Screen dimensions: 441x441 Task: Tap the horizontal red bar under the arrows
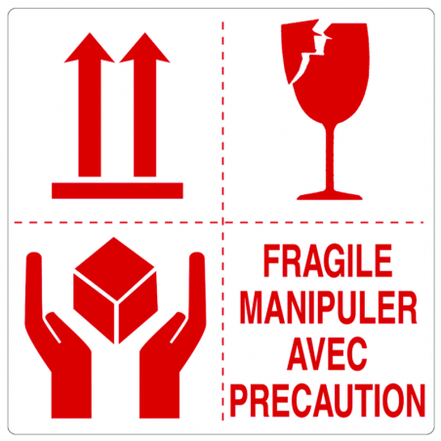117,190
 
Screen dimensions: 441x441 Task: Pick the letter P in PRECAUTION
249,399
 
